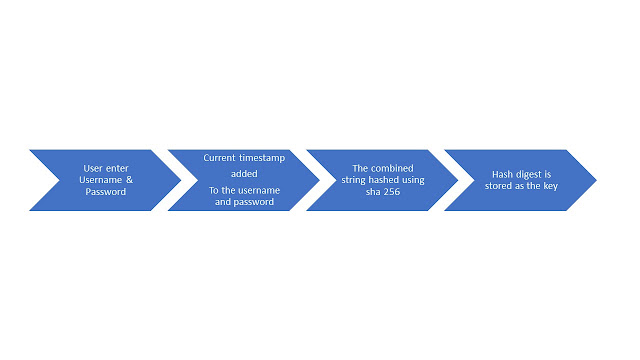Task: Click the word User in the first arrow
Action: [x=91, y=168]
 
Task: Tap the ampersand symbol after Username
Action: [x=129, y=180]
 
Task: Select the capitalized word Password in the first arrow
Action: [x=106, y=191]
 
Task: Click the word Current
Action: [x=220, y=158]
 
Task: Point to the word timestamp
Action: [x=262, y=158]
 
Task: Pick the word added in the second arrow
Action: [x=244, y=174]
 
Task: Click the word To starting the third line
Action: [x=214, y=190]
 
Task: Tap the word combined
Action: [x=392, y=168]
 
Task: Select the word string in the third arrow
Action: [x=353, y=180]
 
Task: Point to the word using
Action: [x=413, y=180]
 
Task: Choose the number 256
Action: [x=392, y=191]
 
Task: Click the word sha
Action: [x=373, y=191]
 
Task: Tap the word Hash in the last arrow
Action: [x=502, y=174]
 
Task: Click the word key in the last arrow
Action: [x=551, y=186]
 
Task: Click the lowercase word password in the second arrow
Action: [x=254, y=202]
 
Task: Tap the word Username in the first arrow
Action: [x=100, y=180]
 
